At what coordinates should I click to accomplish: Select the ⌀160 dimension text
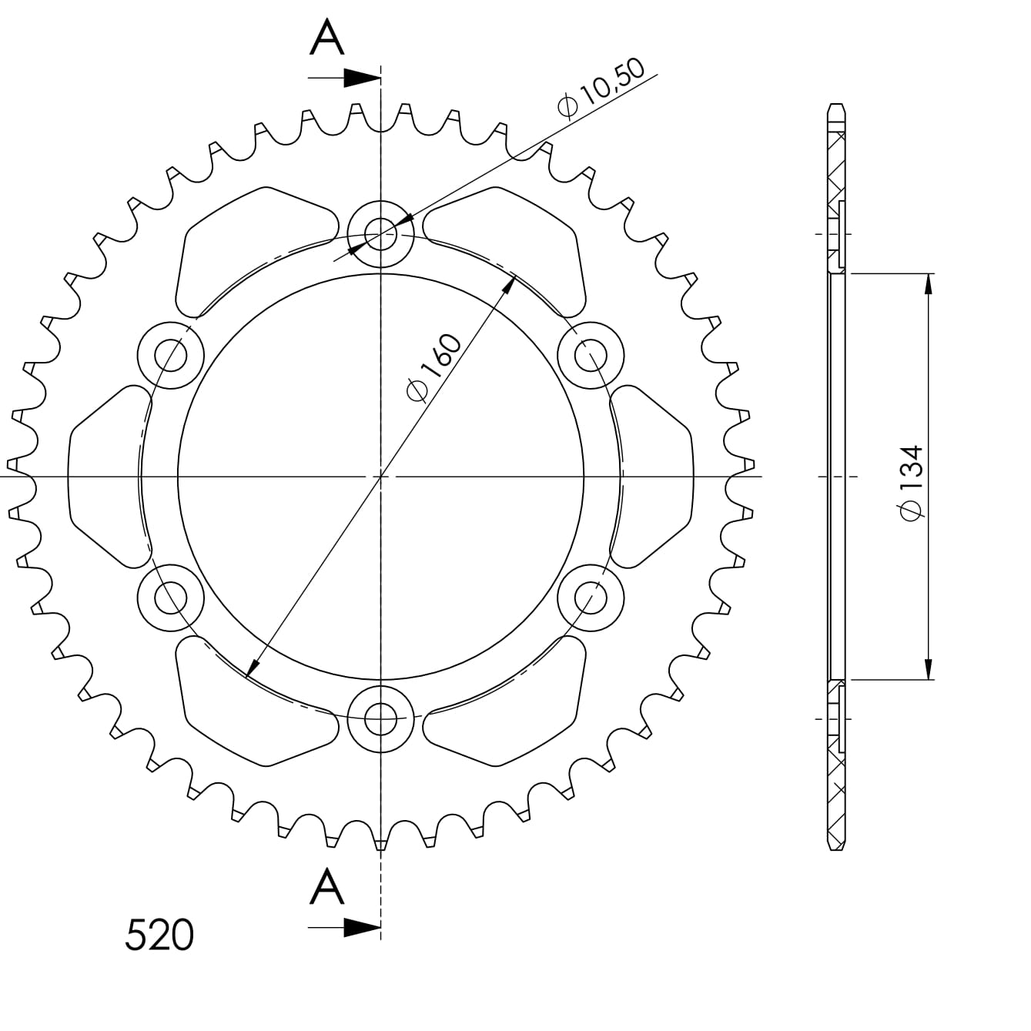pyautogui.click(x=433, y=367)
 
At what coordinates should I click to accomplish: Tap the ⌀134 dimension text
pyautogui.click(x=912, y=481)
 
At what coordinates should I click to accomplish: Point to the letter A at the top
pyautogui.click(x=326, y=38)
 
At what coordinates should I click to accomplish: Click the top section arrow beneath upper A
pyautogui.click(x=344, y=78)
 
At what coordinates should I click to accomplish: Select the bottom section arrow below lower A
pyautogui.click(x=344, y=929)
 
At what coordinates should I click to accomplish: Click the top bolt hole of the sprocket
pyautogui.click(x=380, y=234)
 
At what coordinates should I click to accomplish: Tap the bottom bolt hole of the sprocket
pyautogui.click(x=380, y=719)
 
